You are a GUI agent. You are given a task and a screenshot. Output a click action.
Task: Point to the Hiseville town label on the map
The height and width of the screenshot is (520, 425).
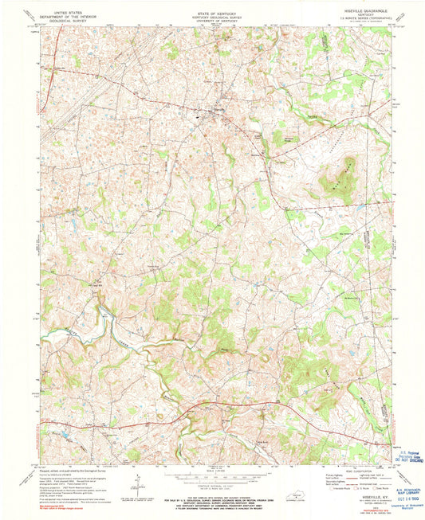click(218, 111)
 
